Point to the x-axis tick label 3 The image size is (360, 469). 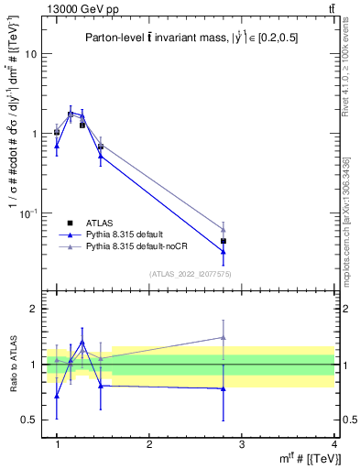(241, 443)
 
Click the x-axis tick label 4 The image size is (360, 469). (333, 443)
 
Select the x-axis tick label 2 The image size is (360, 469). (149, 443)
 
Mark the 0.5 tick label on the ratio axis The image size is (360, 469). (32, 420)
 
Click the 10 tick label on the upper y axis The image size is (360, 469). (29, 53)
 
